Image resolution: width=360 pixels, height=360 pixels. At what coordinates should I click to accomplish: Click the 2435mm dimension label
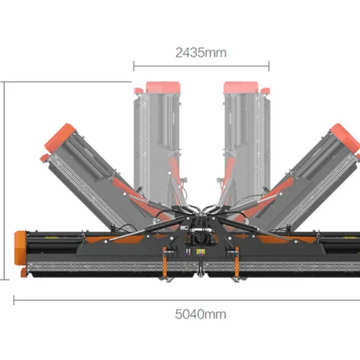click(x=201, y=53)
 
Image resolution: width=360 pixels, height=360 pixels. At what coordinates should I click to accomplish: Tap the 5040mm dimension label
click(x=200, y=314)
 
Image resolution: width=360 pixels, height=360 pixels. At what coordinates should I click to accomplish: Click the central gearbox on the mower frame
click(x=200, y=238)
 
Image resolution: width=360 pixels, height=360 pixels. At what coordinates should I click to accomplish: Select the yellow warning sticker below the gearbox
click(x=200, y=252)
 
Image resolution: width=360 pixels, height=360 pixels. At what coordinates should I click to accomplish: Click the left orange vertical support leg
click(x=165, y=262)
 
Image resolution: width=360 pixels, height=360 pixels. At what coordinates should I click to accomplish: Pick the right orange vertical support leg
click(x=237, y=262)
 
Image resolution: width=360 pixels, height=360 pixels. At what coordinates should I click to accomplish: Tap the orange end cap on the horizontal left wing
click(x=20, y=248)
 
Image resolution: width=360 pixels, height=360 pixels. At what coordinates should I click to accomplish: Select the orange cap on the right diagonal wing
click(x=345, y=137)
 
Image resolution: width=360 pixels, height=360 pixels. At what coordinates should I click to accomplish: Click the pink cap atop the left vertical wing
click(x=163, y=88)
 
